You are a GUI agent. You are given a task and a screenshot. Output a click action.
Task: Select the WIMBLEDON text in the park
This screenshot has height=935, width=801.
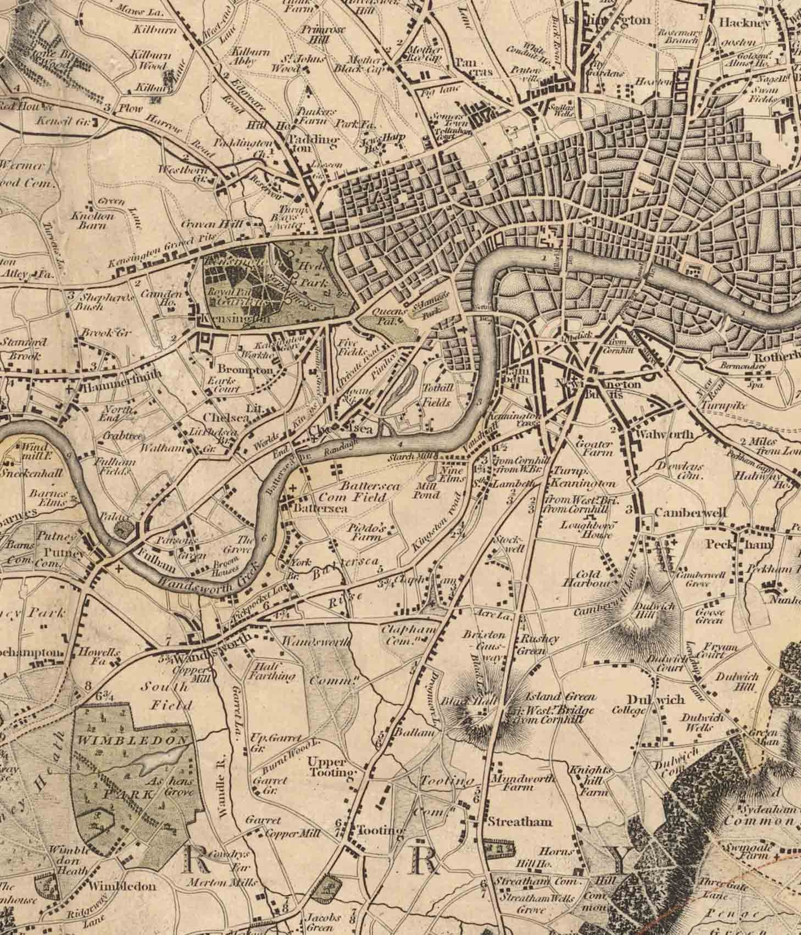click(133, 741)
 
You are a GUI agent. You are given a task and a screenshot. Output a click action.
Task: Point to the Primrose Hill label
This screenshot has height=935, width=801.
click(323, 36)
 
